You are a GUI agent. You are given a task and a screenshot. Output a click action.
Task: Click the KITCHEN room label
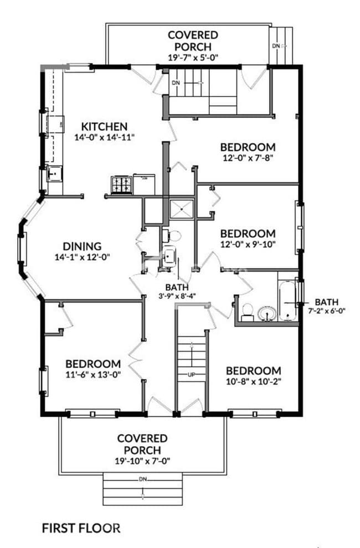[105, 126]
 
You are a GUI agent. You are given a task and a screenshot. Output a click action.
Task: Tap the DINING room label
[82, 246]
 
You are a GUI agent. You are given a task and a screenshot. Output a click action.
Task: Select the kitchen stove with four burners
[122, 185]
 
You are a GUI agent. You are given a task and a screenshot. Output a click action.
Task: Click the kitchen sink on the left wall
[54, 175]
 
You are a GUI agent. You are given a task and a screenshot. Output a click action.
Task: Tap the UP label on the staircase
[192, 375]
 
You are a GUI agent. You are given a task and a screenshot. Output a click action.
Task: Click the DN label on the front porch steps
[143, 479]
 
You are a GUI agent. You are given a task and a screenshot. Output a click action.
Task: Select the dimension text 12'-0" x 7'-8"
[248, 157]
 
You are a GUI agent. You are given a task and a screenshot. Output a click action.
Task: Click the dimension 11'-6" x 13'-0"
[93, 374]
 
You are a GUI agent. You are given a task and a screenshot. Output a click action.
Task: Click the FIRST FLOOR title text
[81, 527]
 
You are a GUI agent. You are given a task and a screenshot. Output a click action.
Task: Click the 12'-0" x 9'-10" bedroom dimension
[248, 244]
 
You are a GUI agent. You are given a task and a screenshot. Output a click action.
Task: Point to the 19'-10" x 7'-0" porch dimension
[142, 459]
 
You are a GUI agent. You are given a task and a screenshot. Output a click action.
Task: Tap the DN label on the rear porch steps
[275, 46]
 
